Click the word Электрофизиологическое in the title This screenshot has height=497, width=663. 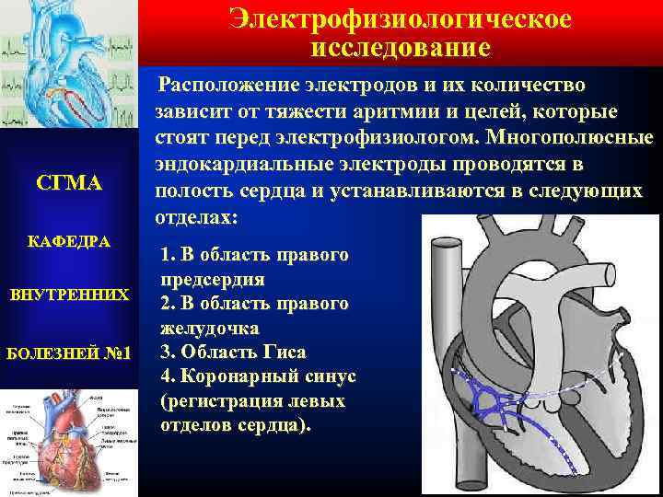coord(400,18)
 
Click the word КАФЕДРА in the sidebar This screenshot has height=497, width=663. coord(70,242)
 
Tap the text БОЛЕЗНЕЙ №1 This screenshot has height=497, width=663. coord(70,353)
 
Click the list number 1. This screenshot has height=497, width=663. coord(165,253)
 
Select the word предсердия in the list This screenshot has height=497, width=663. coord(213,278)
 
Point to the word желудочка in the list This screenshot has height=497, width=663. coord(209,327)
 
